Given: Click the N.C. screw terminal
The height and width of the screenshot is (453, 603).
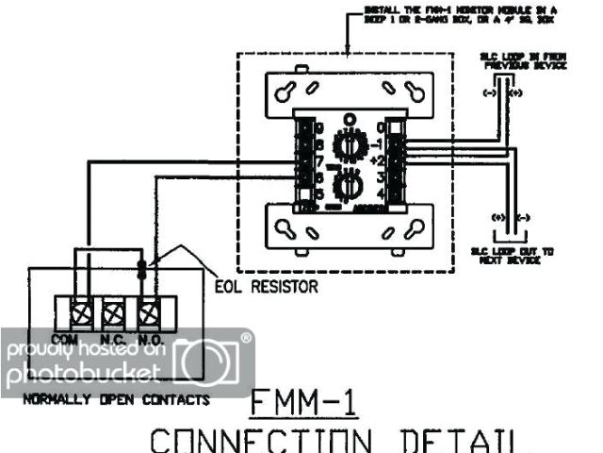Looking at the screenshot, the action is [x=113, y=310].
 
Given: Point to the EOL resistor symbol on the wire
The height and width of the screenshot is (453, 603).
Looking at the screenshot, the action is [x=142, y=268].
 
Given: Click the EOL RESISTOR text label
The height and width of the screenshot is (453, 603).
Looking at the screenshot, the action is [x=267, y=285].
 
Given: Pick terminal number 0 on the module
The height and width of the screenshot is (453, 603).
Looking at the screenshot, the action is [x=382, y=127].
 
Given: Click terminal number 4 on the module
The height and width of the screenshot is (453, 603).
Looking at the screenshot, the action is [x=382, y=193].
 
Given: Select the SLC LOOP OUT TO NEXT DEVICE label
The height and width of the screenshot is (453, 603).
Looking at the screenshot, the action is [x=513, y=256].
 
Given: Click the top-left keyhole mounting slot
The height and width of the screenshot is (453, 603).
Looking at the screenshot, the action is [x=289, y=90].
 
